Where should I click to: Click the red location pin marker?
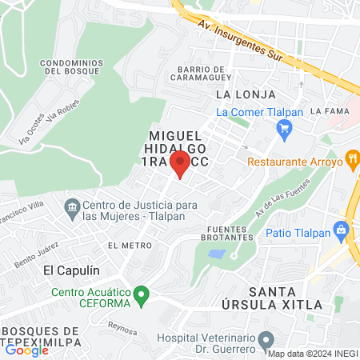(180, 163)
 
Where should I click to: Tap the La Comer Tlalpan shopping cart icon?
(284, 128)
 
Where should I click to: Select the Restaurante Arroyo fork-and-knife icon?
(350, 160)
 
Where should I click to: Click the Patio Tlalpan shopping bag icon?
(342, 231)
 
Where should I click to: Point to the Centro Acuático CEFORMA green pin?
(142, 297)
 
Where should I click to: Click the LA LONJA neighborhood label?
(235, 94)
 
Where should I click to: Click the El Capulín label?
(71, 270)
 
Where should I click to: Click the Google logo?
(26, 350)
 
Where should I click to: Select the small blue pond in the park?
(215, 254)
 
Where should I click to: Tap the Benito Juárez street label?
(36, 258)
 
